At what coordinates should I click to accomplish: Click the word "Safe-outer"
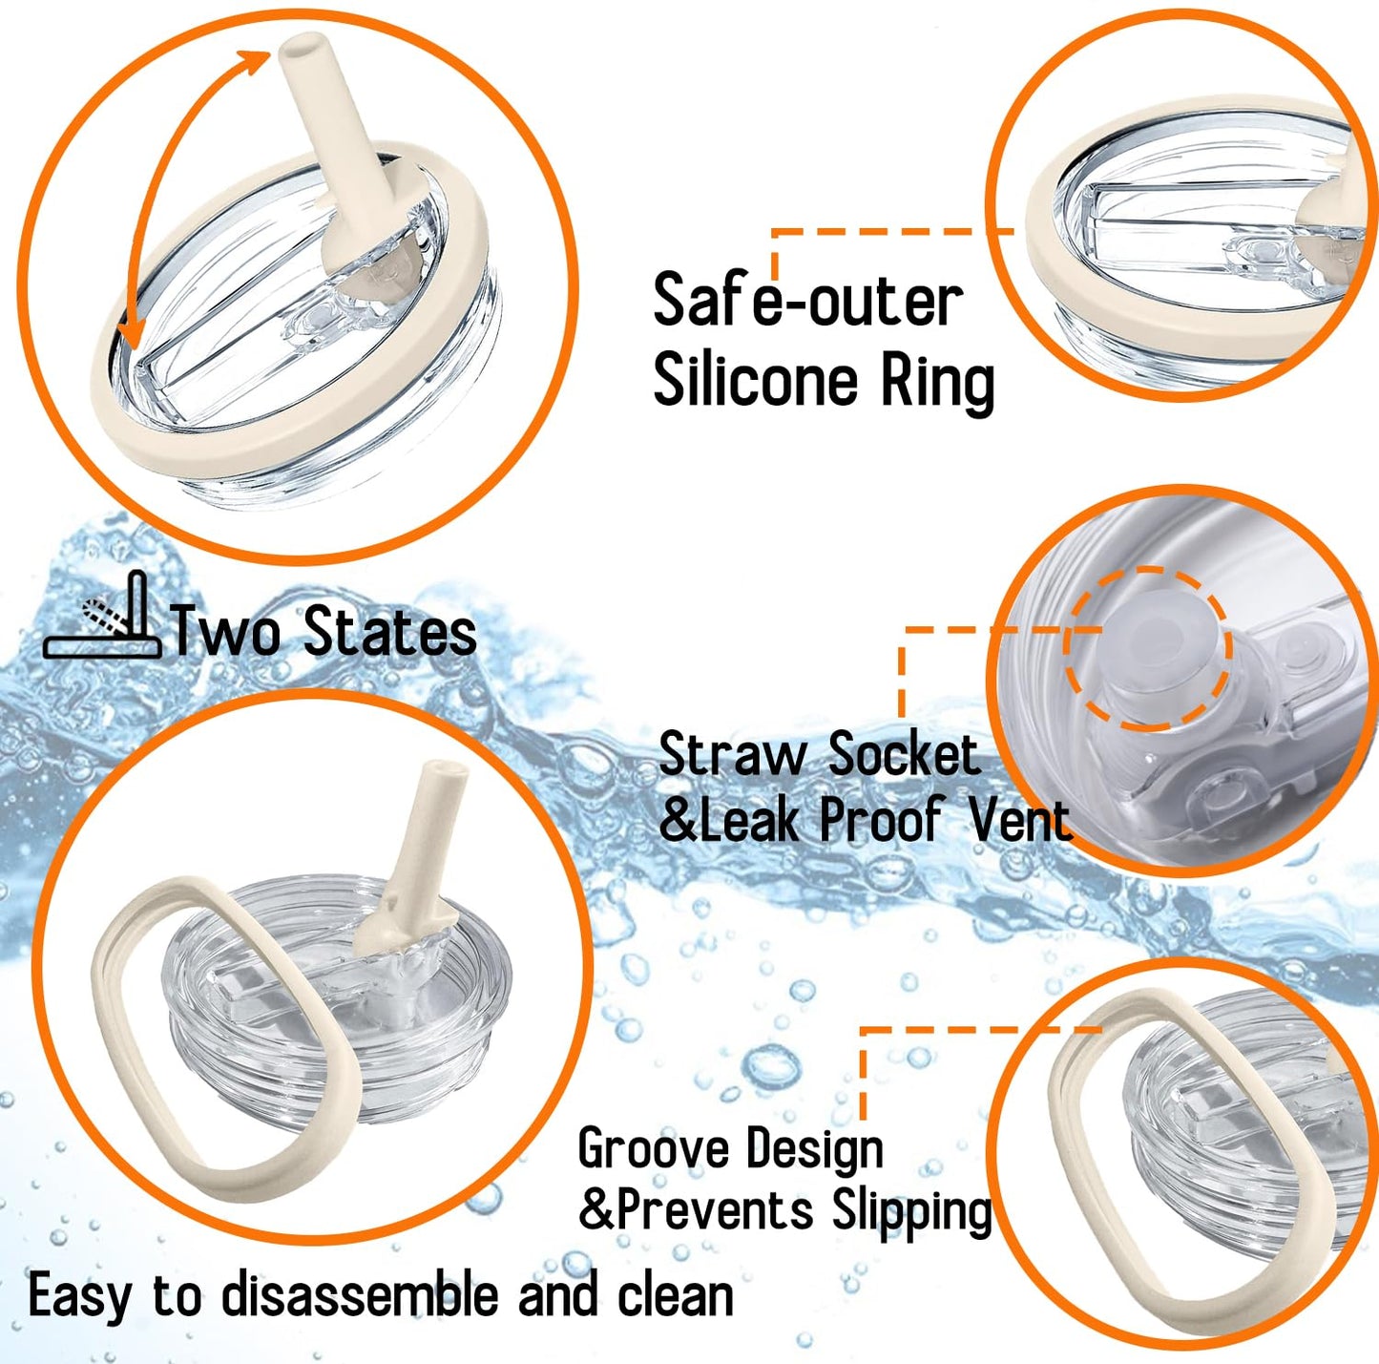(x=808, y=301)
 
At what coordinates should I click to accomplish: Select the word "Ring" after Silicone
(x=938, y=384)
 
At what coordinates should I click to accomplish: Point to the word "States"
(x=390, y=632)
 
